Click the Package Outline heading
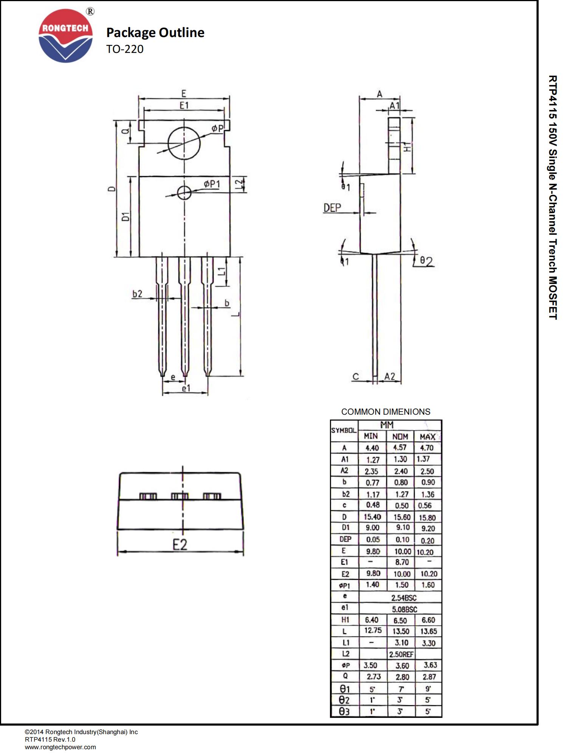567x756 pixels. point(155,33)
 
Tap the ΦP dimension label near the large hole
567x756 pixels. point(217,129)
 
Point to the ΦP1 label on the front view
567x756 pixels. point(212,184)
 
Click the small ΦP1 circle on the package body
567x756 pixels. point(184,192)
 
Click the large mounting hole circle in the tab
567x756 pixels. point(184,143)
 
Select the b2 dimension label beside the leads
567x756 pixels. point(137,294)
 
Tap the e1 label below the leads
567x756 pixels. point(186,388)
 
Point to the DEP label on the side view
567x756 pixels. point(332,208)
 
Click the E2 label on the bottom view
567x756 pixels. point(180,545)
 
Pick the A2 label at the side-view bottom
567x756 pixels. point(390,376)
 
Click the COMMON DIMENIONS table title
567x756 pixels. point(386,412)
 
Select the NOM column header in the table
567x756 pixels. point(400,437)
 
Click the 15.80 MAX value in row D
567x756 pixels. point(427,517)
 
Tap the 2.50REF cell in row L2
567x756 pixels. point(401,654)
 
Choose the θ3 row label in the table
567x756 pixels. point(344,711)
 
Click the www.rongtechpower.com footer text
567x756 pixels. point(60,747)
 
